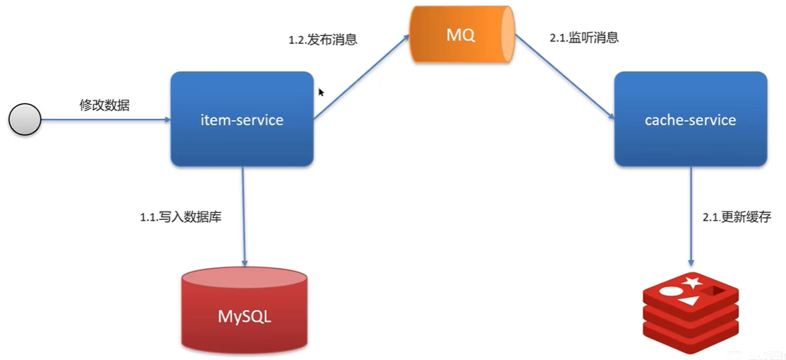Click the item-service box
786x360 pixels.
click(x=242, y=119)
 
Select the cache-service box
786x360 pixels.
click(x=690, y=119)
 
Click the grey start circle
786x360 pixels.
click(x=25, y=120)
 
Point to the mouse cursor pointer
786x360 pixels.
click(x=321, y=92)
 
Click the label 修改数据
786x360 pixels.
click(x=104, y=105)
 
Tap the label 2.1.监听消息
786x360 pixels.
click(x=584, y=37)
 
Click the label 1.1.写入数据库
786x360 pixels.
click(x=181, y=217)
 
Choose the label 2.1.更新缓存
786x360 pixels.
click(x=737, y=217)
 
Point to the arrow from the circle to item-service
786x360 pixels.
click(x=106, y=120)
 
